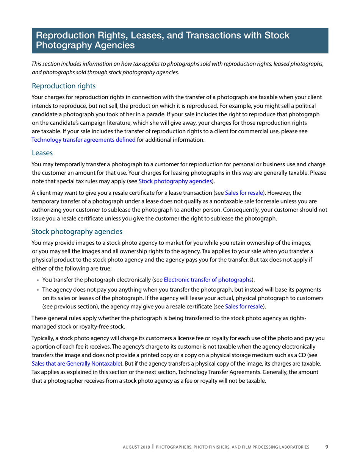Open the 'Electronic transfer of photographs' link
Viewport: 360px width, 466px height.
coord(208,280)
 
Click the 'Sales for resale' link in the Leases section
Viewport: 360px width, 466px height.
coord(244,193)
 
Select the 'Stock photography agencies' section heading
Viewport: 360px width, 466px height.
coord(77,231)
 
